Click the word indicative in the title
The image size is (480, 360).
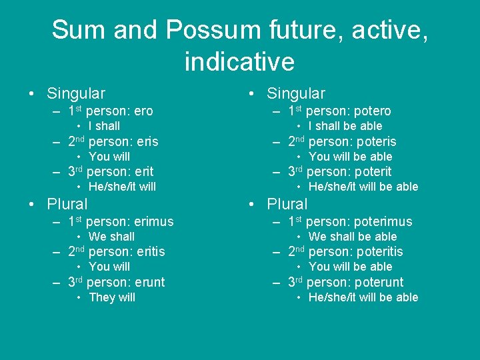239,62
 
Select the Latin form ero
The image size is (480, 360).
143,111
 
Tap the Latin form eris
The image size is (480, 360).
145,141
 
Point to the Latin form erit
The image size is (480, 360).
144,172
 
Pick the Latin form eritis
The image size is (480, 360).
149,252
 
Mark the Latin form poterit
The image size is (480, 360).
371,172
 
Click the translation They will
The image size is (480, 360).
111,297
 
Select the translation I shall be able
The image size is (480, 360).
345,126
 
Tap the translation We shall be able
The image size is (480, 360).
353,237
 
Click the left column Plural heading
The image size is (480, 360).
67,204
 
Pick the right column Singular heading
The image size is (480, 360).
296,94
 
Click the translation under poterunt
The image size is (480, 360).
363,297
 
